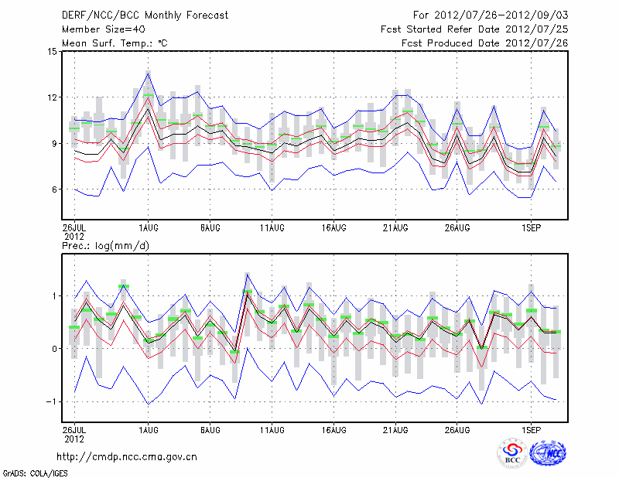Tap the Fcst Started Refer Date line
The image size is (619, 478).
pos(474,29)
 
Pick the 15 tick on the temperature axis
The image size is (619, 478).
pos(51,52)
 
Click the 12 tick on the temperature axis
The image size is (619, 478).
pos(51,97)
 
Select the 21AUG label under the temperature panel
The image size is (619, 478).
pos(395,229)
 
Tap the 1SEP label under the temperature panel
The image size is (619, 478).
pos(531,229)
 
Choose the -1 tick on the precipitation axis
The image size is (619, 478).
pos(51,401)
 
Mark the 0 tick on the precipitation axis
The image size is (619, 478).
pos(53,349)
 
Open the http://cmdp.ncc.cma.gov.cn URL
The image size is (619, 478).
pos(127,456)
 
